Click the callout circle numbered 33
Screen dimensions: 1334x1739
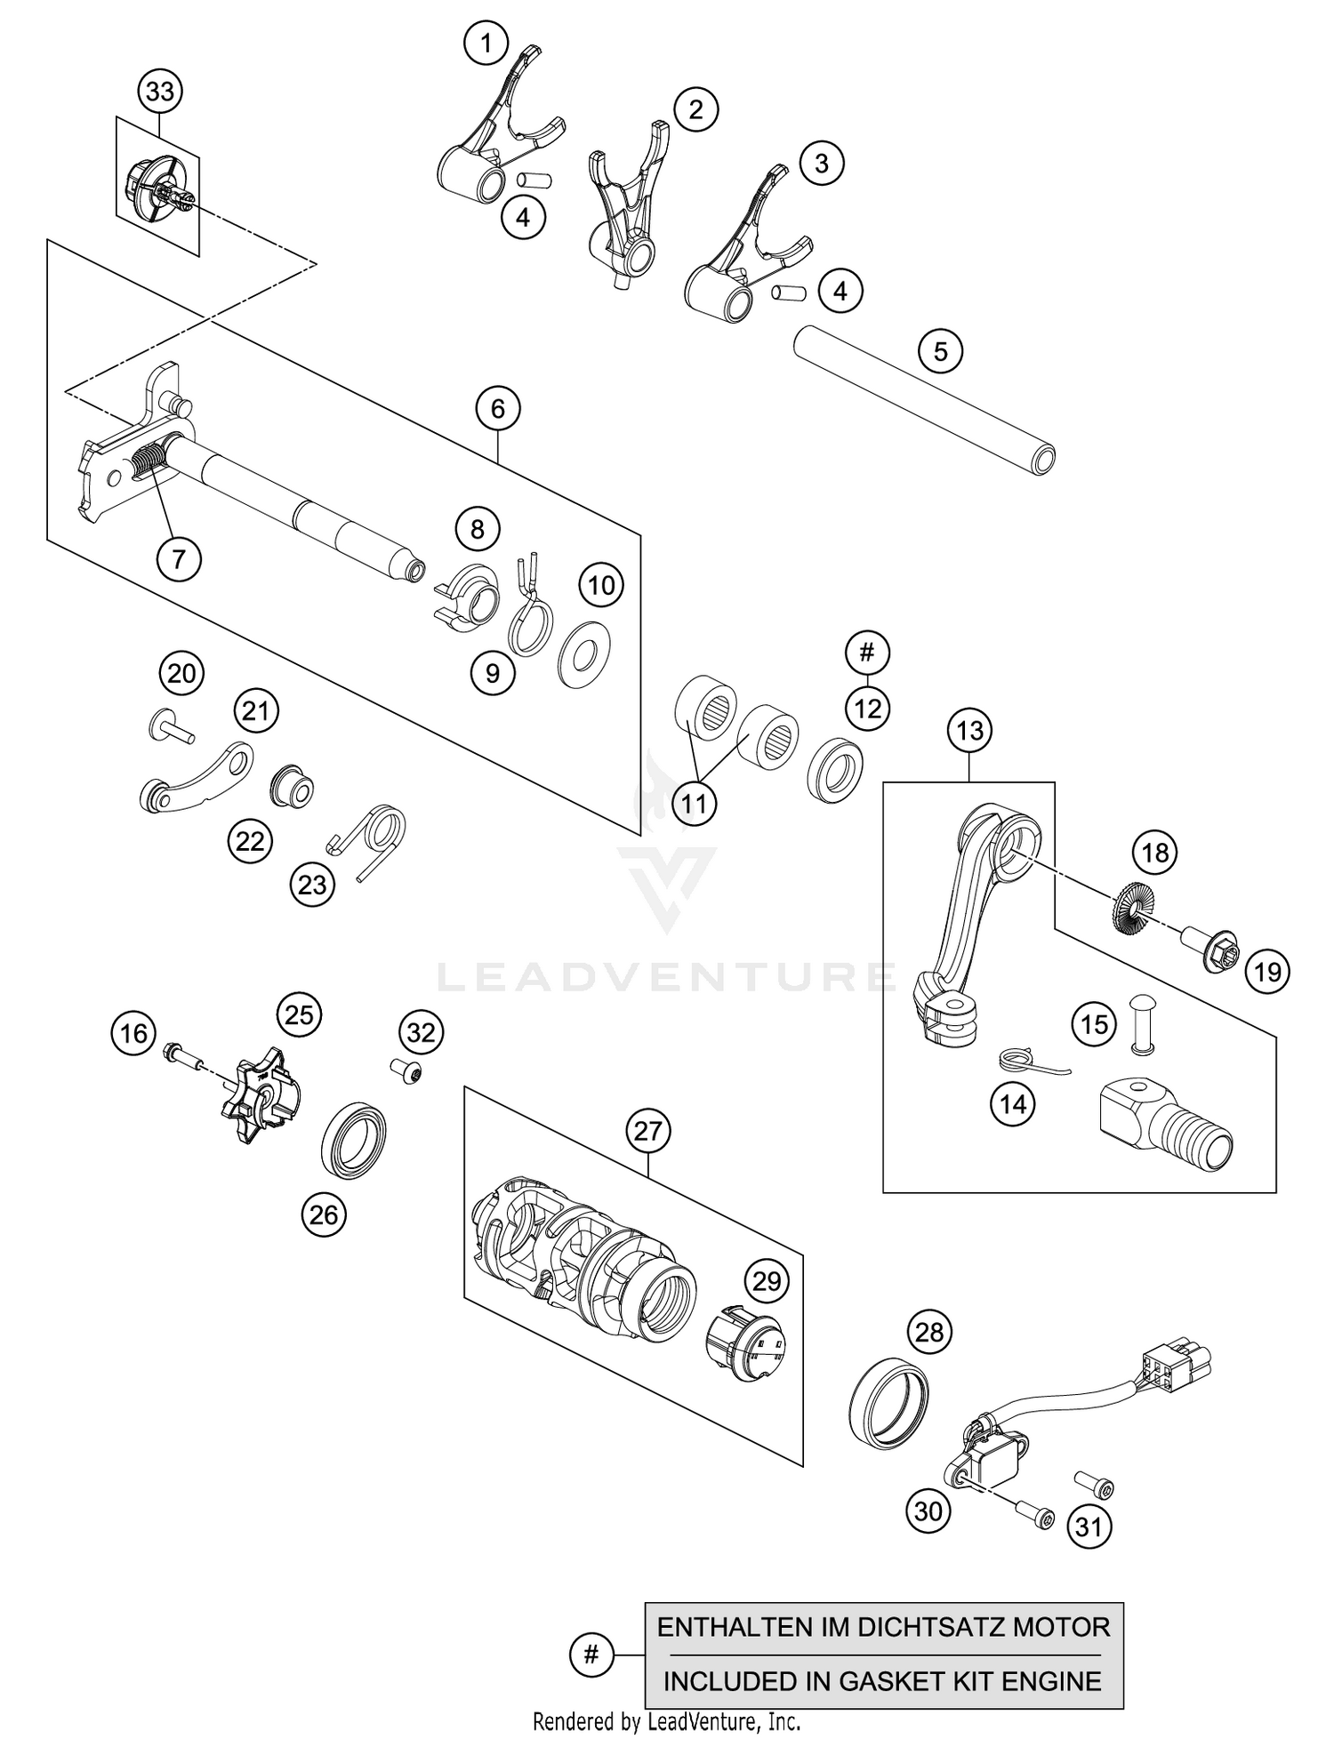(160, 92)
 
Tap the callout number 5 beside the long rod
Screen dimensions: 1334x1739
(940, 351)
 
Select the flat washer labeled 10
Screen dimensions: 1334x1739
(585, 656)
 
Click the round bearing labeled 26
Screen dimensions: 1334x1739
(353, 1140)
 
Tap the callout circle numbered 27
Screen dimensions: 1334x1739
(648, 1131)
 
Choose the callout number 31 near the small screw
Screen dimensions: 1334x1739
(1089, 1527)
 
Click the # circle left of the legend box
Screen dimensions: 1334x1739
(591, 1655)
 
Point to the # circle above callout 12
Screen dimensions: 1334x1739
(867, 653)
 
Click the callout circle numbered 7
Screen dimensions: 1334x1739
(179, 559)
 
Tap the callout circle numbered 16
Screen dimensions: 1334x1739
(133, 1033)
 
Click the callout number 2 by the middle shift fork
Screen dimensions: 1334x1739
(695, 109)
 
